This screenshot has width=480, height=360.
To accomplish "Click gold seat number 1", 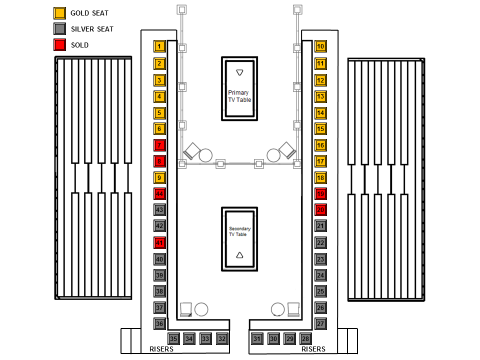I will point(159,46).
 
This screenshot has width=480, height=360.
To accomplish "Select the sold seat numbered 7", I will point(159,145).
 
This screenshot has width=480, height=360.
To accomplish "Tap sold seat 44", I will point(159,194).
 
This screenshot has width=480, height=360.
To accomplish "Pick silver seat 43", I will point(159,210).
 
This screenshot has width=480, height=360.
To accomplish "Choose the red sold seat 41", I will point(159,243).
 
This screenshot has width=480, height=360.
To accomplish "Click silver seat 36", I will point(159,324).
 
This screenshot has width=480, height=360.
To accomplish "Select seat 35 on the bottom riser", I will point(173,339).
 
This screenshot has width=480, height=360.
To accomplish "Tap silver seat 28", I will point(306,339).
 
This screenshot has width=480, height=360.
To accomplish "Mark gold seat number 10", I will point(320,46).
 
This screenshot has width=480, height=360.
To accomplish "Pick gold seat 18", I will point(320,178).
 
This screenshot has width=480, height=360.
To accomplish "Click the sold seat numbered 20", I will point(320,210).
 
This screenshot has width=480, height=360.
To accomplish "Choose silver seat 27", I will point(320,324).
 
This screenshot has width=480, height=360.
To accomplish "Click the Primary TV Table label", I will point(239,96).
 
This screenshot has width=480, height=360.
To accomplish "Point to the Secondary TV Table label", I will point(239,231).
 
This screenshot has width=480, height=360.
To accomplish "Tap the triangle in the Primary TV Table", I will point(240,73).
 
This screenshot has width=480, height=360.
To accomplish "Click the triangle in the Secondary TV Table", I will point(239,255).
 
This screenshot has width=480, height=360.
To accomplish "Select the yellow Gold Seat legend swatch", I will point(59,13).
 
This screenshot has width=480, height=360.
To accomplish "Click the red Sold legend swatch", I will point(59,45).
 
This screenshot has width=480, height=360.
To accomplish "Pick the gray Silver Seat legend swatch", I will point(59,29).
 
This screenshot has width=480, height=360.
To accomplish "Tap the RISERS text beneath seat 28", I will point(313,349).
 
